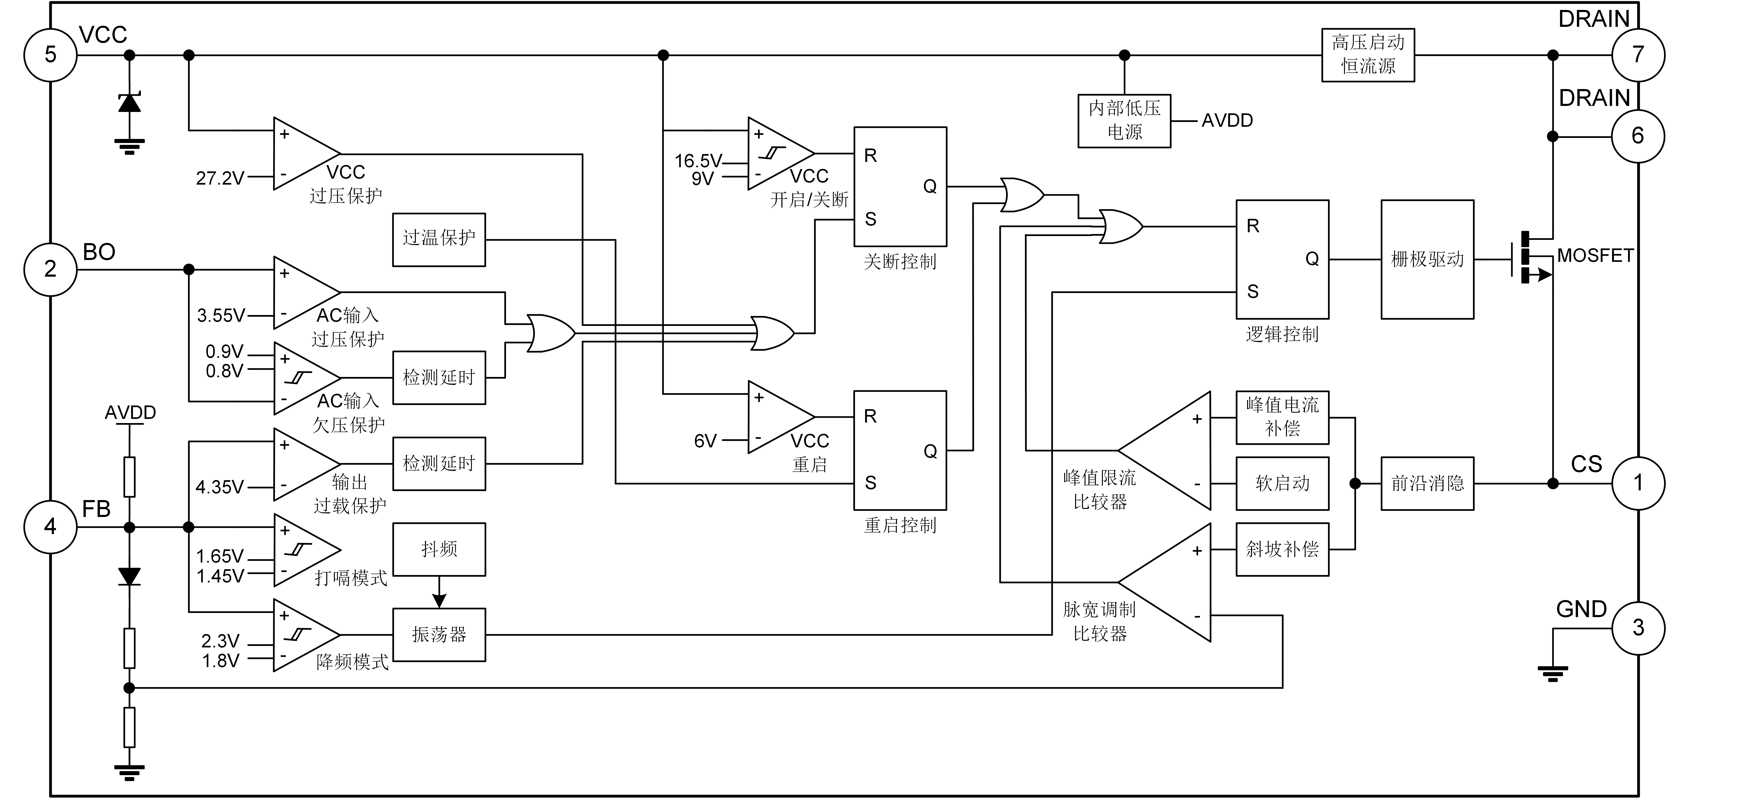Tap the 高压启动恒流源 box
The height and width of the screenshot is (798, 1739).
pos(1367,55)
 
